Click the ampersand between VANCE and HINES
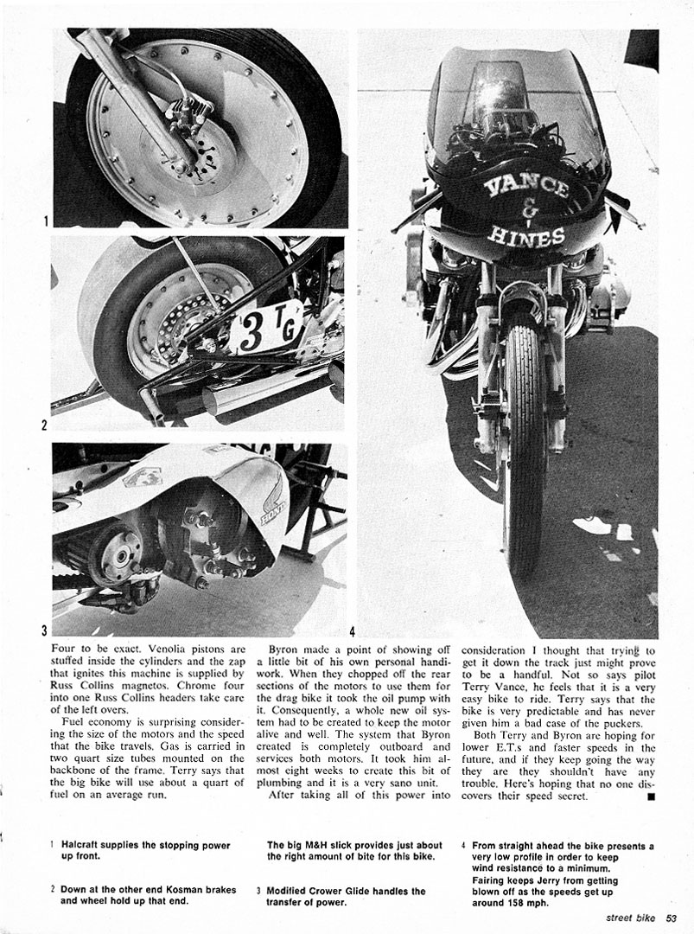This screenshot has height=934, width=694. tap(529, 210)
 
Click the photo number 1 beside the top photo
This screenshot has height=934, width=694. tap(45, 222)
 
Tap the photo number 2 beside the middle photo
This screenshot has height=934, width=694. tap(44, 425)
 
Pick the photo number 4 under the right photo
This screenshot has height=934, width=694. tap(352, 630)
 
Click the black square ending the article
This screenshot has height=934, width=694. tap(650, 796)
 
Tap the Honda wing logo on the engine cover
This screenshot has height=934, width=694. tap(274, 502)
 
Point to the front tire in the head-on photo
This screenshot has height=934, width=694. tap(525, 450)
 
